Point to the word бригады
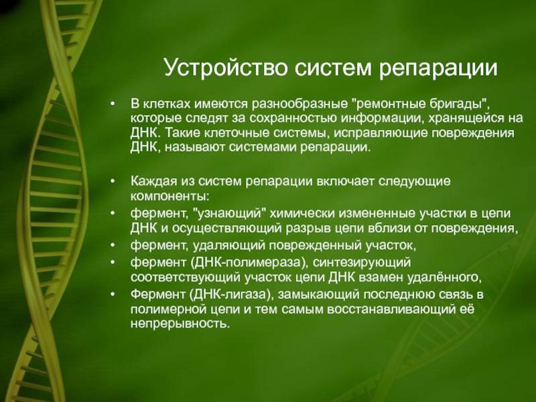pyautogui.click(x=458, y=104)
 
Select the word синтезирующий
pyautogui.click(x=361, y=263)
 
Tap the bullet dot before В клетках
pyautogui.click(x=113, y=103)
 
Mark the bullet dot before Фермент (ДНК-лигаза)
pyautogui.click(x=113, y=294)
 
